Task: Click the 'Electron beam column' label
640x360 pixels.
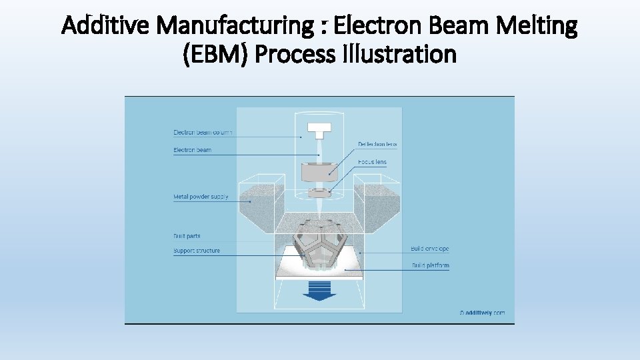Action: click(x=203, y=132)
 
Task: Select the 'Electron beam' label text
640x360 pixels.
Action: click(x=192, y=150)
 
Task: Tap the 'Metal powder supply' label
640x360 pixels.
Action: click(x=201, y=197)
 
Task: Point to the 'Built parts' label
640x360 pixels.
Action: click(x=187, y=236)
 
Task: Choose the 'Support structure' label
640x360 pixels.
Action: click(x=197, y=251)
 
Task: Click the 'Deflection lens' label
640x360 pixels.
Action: click(x=377, y=144)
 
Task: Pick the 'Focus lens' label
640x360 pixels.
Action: click(x=371, y=162)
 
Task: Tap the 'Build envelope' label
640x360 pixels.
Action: click(x=429, y=249)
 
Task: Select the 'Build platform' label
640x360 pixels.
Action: click(x=429, y=265)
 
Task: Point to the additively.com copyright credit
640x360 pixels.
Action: click(x=482, y=312)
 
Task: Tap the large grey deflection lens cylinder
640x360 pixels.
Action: click(x=319, y=172)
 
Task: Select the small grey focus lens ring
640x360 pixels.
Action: click(x=319, y=193)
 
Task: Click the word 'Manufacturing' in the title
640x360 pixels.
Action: click(x=235, y=27)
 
